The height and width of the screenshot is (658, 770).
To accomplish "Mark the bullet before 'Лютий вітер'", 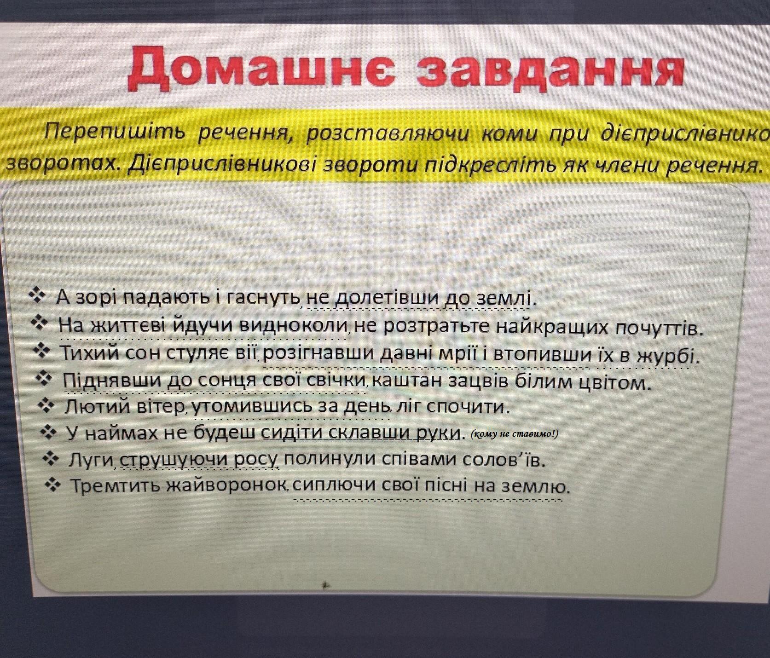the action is tap(46, 405).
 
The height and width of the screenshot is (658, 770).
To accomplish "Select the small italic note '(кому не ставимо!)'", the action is tap(515, 434).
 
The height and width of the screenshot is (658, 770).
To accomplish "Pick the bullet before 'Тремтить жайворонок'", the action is tap(54, 485).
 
